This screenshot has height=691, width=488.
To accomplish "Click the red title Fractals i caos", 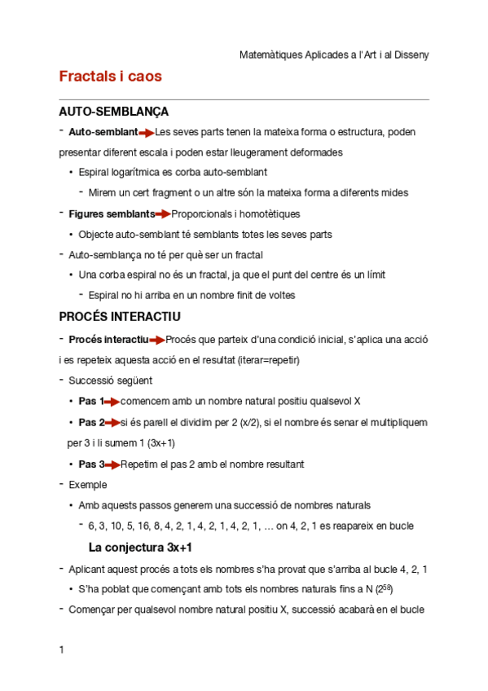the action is point(111,77).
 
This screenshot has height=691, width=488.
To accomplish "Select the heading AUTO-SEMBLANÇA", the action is point(114,112).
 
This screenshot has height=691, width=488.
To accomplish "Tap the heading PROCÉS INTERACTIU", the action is point(120,316).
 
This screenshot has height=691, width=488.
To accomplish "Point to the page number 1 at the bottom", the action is point(62,650).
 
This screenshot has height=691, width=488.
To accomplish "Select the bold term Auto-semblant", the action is point(103,132).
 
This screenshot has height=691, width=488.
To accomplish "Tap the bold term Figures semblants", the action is point(112,214).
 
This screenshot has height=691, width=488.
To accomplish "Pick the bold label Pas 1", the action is point(91,402).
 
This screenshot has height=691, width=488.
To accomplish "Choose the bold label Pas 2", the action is point(91,423).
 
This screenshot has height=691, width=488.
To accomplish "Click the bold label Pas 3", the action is point(91,464).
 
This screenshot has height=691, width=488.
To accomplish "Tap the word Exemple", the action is point(88,485).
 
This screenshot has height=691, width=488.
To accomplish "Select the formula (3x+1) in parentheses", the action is point(160,443).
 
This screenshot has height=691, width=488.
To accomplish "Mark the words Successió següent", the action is point(111,381).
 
